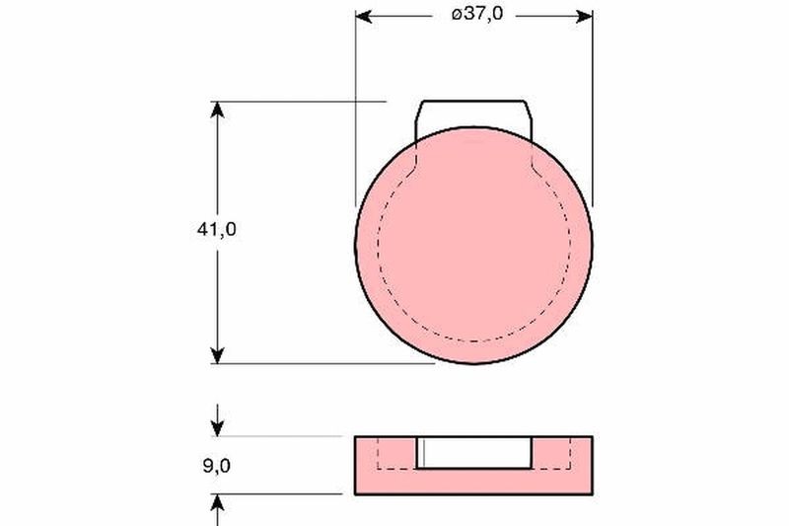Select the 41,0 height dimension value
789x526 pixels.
point(217,229)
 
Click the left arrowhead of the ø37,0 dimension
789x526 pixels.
point(364,16)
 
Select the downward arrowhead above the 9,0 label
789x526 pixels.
point(218,427)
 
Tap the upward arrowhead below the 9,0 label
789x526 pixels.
point(218,502)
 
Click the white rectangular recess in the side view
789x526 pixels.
point(474,451)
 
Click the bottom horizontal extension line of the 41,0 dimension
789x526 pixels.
point(325,363)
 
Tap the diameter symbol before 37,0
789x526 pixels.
point(455,16)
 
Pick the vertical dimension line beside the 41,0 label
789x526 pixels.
point(218,296)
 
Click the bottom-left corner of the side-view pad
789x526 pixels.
point(355,492)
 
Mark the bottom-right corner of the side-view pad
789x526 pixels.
point(594,492)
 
